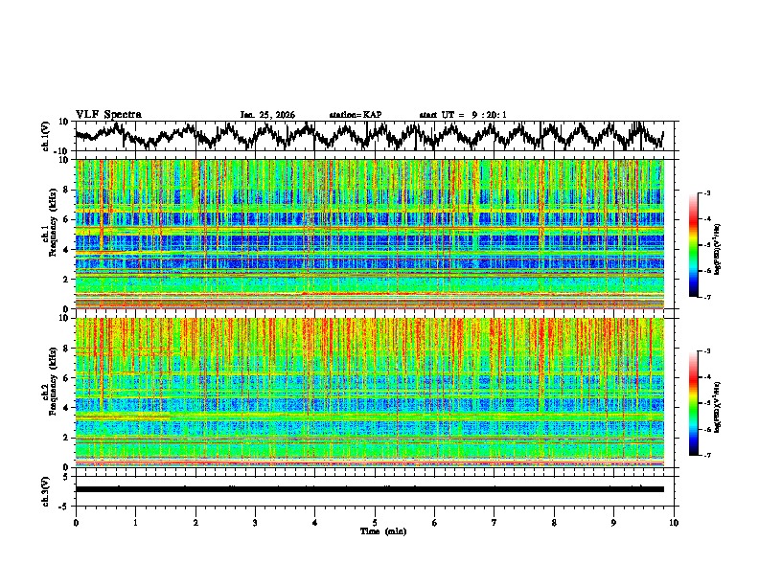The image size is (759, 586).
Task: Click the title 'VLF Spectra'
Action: pos(108,115)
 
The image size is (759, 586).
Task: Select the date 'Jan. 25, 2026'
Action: pos(267,115)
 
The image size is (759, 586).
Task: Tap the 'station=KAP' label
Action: pos(356,115)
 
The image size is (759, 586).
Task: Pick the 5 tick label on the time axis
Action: pos(375,522)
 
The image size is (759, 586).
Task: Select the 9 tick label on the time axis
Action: pos(614,522)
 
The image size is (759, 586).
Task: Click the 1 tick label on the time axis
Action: pos(135,522)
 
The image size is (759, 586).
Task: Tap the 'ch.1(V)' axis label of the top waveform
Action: pos(45,136)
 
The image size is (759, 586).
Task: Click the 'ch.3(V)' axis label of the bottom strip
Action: pos(45,488)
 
